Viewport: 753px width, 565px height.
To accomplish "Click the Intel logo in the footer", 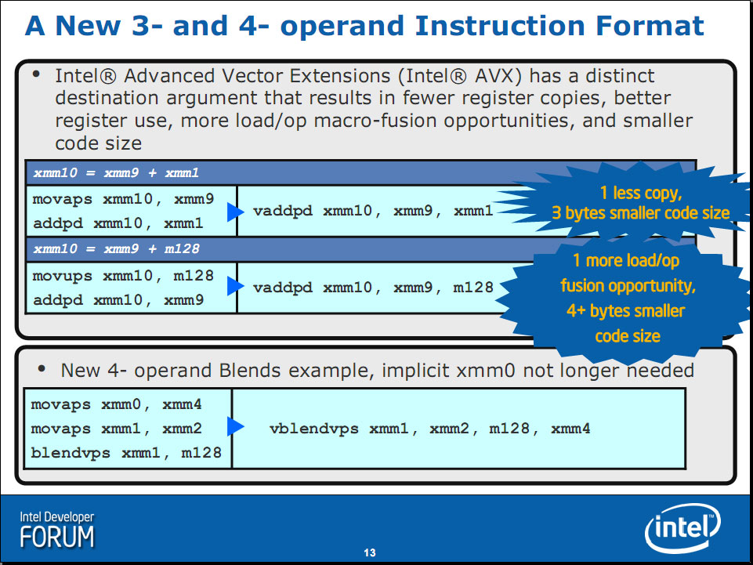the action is point(682,528).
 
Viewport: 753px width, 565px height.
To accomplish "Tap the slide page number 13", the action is point(370,553).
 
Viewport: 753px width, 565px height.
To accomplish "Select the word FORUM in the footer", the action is point(57,537).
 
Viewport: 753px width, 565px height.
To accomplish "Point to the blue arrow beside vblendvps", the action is point(235,426).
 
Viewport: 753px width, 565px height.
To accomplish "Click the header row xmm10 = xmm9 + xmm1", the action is point(116,173).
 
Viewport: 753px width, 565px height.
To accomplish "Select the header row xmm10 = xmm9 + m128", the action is point(116,249).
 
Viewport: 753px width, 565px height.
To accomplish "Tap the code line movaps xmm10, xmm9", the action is point(123,199).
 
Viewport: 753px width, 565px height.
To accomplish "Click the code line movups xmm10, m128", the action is point(123,276).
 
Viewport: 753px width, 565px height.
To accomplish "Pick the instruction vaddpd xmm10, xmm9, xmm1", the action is point(373,211).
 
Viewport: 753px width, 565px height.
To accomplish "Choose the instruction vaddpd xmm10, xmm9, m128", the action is point(373,288).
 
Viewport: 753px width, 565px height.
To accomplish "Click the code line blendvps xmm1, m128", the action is point(126,453).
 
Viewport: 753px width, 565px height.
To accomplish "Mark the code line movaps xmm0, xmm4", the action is point(116,404).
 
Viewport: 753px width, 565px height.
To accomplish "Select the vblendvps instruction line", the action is point(430,429).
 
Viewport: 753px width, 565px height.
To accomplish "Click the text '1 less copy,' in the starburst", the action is point(641,193).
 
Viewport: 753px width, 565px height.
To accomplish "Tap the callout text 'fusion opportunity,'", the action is point(628,286).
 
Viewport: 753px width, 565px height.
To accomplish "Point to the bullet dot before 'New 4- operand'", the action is point(42,368).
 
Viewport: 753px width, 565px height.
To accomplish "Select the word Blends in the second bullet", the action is point(248,371).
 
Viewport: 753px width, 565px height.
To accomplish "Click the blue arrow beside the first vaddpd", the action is point(235,212).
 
